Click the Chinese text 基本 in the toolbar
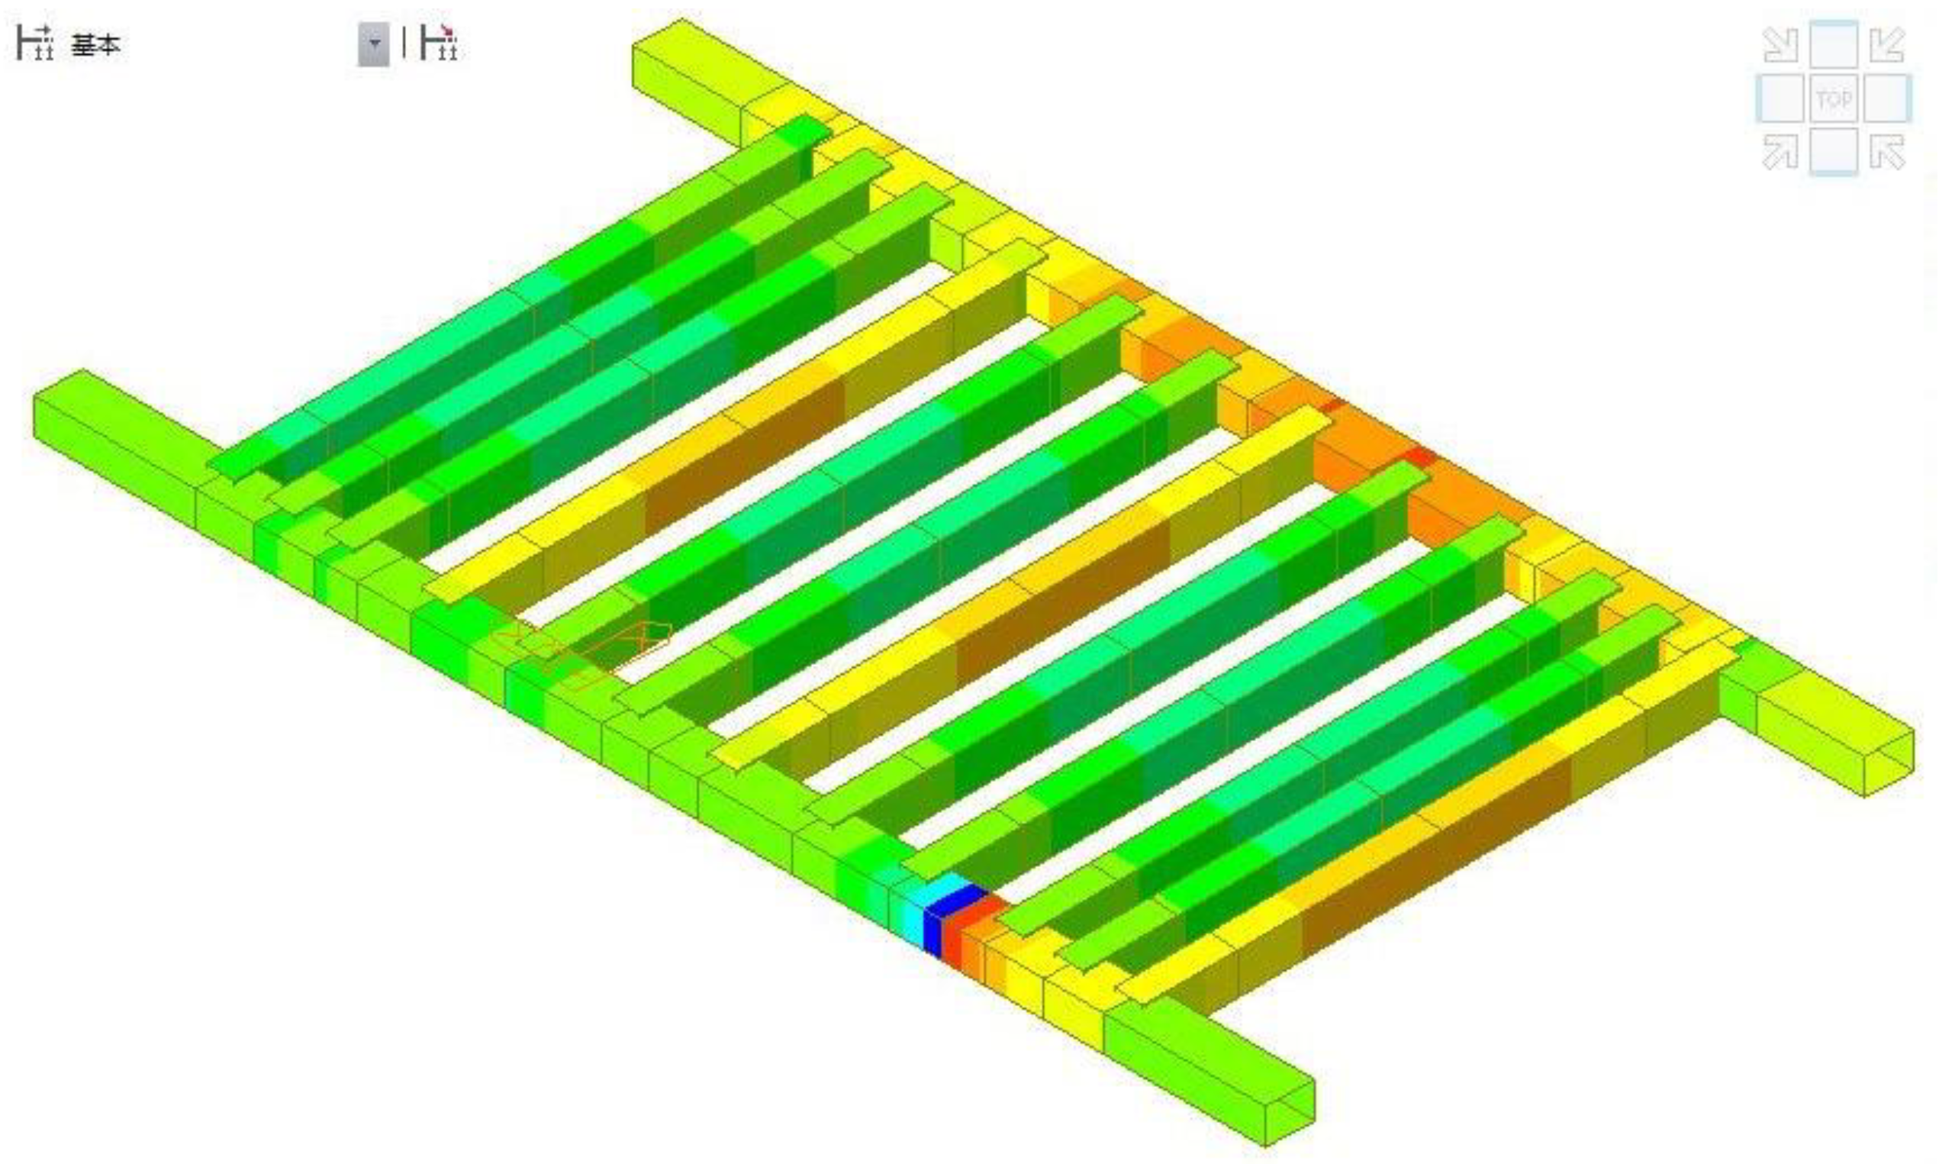(x=95, y=45)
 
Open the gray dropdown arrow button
(x=374, y=44)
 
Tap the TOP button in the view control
(x=1833, y=98)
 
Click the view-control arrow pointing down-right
(x=1780, y=45)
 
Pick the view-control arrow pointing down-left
(x=1887, y=45)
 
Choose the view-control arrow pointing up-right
(x=1780, y=151)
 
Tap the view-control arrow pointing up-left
(x=1887, y=151)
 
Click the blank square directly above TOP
(x=1833, y=45)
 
